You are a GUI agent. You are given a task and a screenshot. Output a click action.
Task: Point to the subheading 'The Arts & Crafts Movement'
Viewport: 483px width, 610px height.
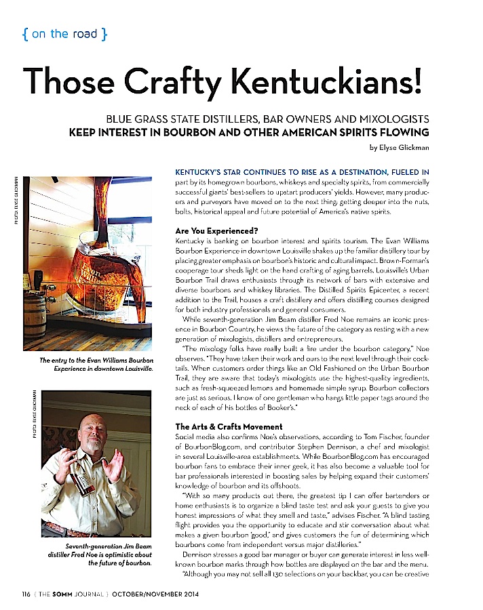click(229, 426)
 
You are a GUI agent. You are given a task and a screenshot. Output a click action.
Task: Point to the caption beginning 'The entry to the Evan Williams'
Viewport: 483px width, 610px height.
click(96, 365)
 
